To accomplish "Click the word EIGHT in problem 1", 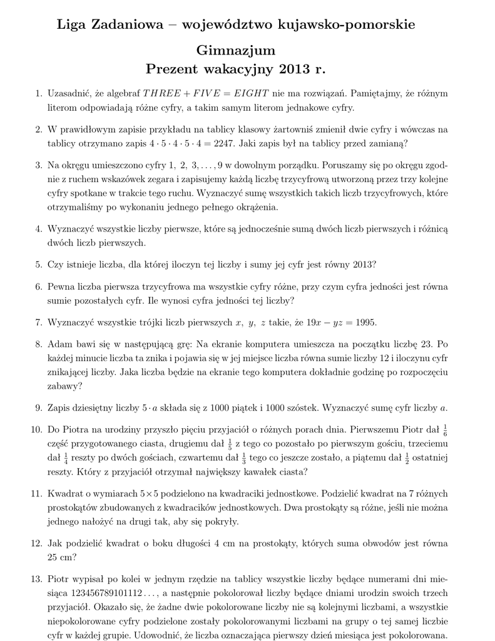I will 251,94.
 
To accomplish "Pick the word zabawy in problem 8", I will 63,387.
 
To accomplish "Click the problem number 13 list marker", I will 36,578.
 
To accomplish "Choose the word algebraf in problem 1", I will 120,94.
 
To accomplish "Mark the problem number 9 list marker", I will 38,409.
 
